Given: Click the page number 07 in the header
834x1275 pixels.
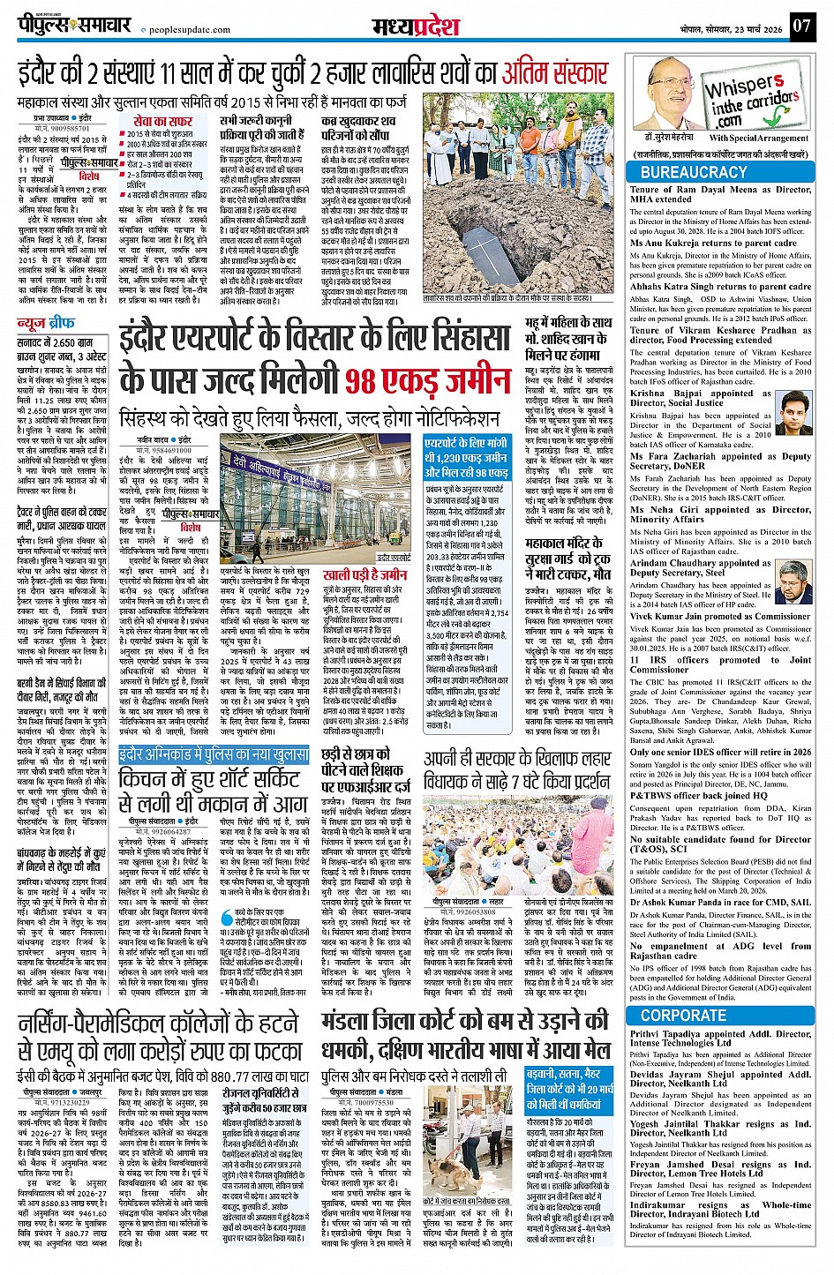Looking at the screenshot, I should tap(800, 26).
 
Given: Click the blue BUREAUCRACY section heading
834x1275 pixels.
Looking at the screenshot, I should tap(694, 172).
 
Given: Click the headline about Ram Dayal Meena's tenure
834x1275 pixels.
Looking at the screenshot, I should tap(720, 194).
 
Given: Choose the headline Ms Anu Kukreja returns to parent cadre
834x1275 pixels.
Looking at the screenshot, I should tap(713, 243).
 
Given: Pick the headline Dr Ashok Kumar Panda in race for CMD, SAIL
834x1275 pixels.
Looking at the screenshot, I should tap(720, 902).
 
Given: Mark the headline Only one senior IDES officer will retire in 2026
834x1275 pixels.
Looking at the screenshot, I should tap(720, 752).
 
